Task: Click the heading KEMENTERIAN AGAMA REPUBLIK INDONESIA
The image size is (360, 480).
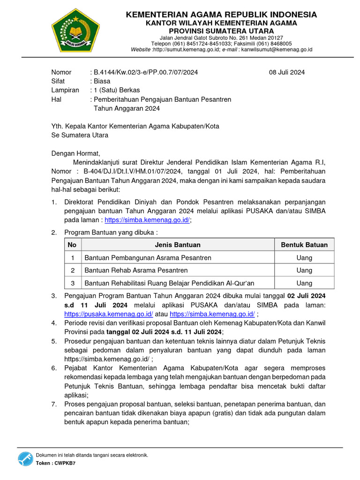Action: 221,15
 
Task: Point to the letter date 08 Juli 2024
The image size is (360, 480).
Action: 287,72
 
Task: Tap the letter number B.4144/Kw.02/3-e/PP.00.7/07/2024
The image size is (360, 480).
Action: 145,72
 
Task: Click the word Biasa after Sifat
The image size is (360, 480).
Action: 102,81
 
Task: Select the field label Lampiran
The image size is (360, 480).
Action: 65,90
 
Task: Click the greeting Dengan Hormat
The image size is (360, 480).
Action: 75,153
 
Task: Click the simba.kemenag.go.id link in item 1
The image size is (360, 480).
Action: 147,220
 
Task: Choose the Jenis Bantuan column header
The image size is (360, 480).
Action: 178,245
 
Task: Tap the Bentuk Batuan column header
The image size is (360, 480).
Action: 304,245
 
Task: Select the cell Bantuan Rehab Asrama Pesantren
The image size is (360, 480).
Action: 136,270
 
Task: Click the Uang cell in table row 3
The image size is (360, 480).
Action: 304,283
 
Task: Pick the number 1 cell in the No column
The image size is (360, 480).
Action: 73,258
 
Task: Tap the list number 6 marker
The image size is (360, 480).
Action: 54,368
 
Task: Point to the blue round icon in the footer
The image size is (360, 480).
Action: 26,459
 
